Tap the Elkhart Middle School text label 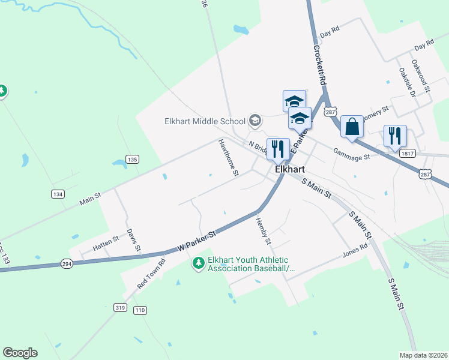[205, 121]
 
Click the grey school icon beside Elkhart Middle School [255, 121]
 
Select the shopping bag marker [352, 128]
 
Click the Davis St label [133, 239]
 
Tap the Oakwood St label [421, 75]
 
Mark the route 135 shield [133, 159]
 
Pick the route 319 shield [121, 308]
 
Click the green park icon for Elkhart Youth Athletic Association [198, 263]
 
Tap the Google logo [20, 353]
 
